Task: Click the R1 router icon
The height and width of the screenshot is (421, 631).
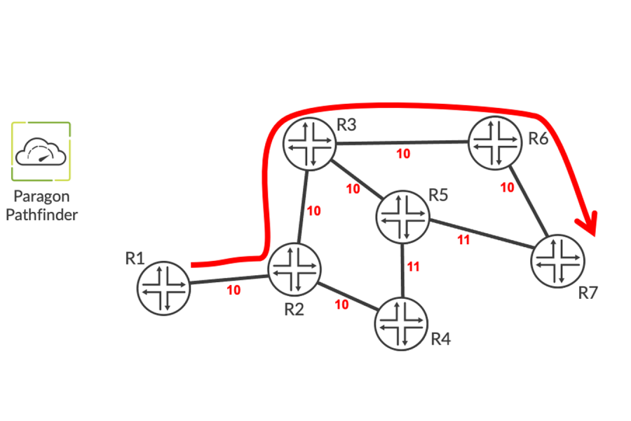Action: click(x=164, y=288)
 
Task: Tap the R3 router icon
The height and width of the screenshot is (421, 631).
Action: click(x=309, y=144)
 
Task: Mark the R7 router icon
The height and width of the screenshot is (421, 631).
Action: click(x=557, y=261)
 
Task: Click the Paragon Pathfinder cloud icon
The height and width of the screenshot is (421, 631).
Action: click(x=41, y=152)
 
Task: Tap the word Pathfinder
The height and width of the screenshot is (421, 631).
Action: click(x=41, y=215)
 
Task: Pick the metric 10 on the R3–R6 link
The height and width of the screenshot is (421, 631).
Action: click(x=403, y=154)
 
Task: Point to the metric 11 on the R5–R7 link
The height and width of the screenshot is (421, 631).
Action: click(x=463, y=239)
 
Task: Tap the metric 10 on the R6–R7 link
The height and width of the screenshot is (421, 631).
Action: click(x=507, y=187)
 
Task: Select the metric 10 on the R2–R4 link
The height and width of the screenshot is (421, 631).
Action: click(x=342, y=305)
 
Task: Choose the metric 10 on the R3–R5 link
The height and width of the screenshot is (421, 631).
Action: click(x=353, y=189)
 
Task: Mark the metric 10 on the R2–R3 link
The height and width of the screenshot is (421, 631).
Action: click(x=314, y=210)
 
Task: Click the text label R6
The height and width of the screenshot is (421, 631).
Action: click(x=538, y=138)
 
